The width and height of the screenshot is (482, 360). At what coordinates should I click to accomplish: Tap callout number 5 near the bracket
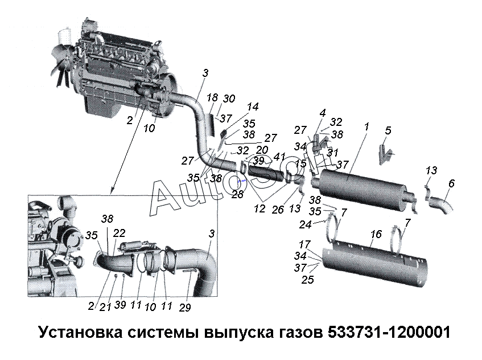tap(387, 130)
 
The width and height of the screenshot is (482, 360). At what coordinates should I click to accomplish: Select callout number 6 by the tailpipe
tap(451, 183)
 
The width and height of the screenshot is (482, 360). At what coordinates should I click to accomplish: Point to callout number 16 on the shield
tap(375, 235)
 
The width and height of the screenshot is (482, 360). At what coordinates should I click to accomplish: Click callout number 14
tap(253, 106)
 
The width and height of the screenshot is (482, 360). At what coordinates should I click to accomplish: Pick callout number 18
tap(212, 97)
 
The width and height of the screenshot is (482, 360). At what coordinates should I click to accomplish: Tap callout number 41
tap(279, 156)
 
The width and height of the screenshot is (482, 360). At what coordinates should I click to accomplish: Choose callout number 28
tap(237, 195)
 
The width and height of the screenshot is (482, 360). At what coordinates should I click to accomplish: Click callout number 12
tap(260, 208)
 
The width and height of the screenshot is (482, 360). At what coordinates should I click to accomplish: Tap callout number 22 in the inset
tap(119, 233)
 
